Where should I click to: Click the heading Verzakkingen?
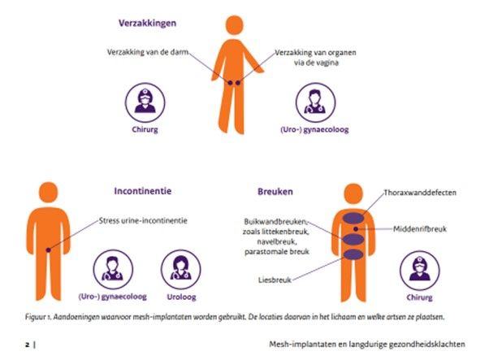coord(147,24)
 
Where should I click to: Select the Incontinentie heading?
coord(143,191)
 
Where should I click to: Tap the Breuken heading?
coord(275,192)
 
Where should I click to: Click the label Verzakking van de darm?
coord(148,52)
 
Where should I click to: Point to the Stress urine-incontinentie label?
coord(143,221)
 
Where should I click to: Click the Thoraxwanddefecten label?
coord(420,193)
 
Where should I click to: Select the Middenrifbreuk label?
coord(420,229)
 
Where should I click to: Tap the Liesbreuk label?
coord(275,280)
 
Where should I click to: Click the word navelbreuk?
coord(276,242)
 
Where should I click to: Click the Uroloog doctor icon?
coord(181,269)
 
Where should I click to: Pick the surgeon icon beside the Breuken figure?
coord(419,270)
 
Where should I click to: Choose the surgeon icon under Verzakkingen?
coord(145,102)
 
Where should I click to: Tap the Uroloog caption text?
coord(181,297)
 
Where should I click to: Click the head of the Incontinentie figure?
coord(49,193)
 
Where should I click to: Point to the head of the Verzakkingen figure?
coord(235,25)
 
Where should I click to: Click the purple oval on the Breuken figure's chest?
coord(353,219)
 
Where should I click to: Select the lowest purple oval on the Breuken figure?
coord(353,254)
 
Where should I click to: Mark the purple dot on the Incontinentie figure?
coord(48,250)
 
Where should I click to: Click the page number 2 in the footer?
coord(28,345)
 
